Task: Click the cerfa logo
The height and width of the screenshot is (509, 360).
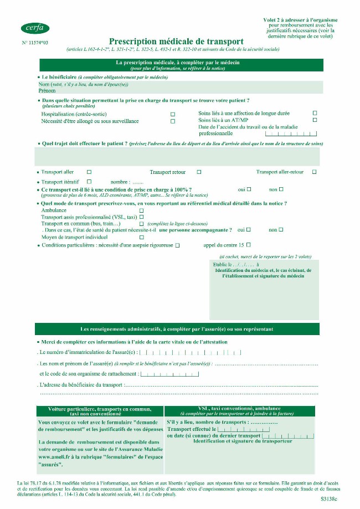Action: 35,28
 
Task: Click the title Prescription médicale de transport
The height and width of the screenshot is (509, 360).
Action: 176,42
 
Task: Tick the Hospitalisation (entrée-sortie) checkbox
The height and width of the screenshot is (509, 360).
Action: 173,114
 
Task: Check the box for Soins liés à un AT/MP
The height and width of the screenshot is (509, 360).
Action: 315,120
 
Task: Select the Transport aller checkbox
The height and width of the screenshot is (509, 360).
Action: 89,172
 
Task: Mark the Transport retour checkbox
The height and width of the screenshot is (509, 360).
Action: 199,172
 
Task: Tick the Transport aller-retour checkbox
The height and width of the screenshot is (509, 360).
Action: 314,172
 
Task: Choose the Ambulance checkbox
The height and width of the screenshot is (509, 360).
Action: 141,210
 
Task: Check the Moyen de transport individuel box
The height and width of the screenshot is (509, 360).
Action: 141,237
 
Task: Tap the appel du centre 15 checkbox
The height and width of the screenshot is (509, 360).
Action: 248,244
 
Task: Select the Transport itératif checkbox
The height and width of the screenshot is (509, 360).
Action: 89,182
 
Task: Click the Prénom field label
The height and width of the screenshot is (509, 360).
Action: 47,90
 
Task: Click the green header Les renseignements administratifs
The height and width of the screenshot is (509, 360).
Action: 177,329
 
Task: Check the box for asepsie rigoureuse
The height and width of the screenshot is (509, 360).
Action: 177,245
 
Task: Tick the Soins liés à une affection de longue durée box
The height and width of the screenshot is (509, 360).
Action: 315,113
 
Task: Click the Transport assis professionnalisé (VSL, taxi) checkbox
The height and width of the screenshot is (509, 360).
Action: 141,217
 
